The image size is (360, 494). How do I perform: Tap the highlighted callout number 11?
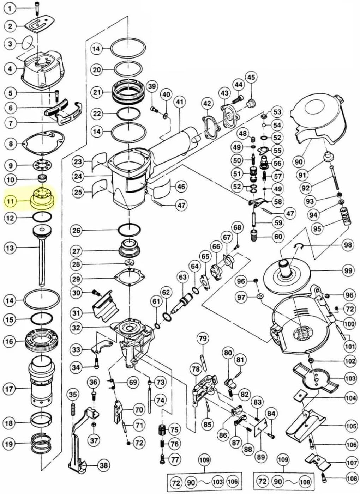click(11, 201)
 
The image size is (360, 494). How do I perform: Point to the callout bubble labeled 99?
click(348, 270)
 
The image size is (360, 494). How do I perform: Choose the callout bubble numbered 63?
click(183, 277)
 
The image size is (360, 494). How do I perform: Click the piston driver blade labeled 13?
click(42, 256)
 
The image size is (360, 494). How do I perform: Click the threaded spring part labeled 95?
click(344, 216)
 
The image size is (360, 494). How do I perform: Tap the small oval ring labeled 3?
click(28, 43)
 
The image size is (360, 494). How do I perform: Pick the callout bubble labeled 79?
click(203, 338)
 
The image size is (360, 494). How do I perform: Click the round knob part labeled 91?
click(328, 157)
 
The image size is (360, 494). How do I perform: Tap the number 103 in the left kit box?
click(218, 482)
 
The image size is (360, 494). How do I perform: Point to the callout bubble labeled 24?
click(78, 176)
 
